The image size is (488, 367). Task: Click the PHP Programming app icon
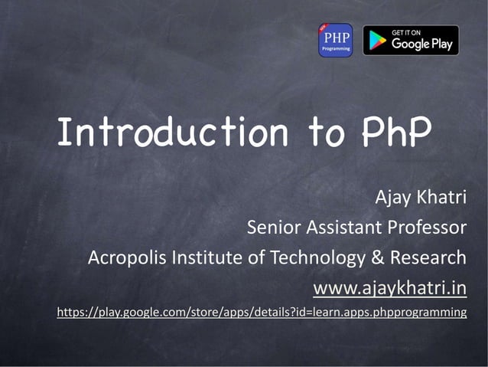(x=335, y=40)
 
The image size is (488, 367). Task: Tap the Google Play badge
(x=411, y=41)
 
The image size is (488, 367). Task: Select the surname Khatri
(x=441, y=198)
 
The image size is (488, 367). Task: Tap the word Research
(x=428, y=257)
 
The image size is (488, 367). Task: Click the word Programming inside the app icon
(x=335, y=48)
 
